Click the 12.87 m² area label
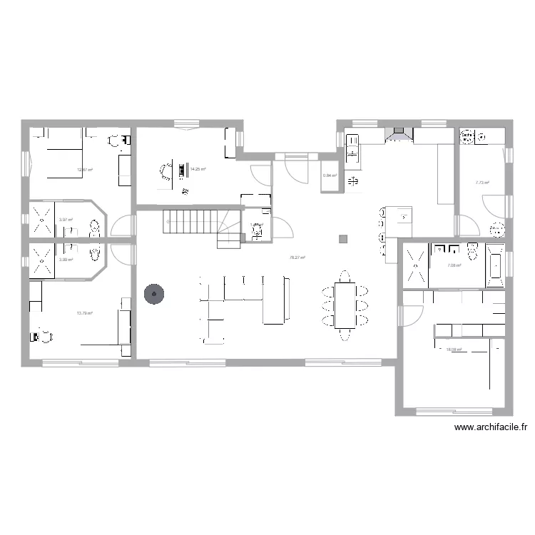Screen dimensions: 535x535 (x=85, y=170)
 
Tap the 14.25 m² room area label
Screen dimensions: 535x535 (x=198, y=169)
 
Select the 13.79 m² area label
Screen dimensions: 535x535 (x=85, y=312)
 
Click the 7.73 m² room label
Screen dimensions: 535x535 (x=482, y=183)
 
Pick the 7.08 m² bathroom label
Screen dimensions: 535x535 (x=454, y=266)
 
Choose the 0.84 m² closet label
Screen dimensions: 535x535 (x=330, y=175)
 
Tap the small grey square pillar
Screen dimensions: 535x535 (x=344, y=239)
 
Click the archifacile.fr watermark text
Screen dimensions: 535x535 (x=491, y=428)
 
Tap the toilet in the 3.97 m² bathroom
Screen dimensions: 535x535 (x=94, y=228)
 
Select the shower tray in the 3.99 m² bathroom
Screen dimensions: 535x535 (x=42, y=260)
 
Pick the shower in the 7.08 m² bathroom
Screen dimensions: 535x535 (x=415, y=266)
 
